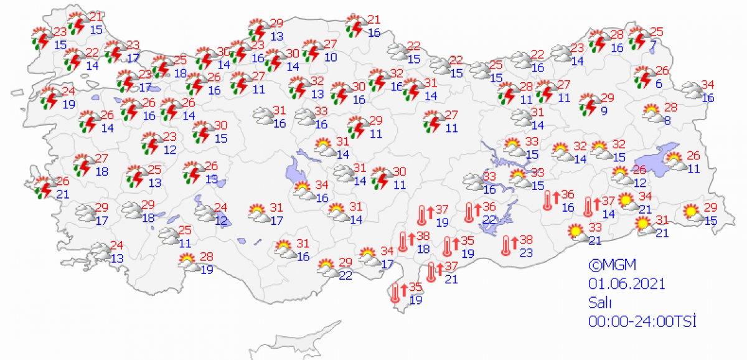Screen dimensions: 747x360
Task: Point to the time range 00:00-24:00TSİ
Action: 641,321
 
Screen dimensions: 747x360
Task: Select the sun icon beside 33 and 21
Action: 573,234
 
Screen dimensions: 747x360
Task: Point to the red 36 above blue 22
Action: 489,207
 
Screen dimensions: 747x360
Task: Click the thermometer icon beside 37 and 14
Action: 589,206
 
